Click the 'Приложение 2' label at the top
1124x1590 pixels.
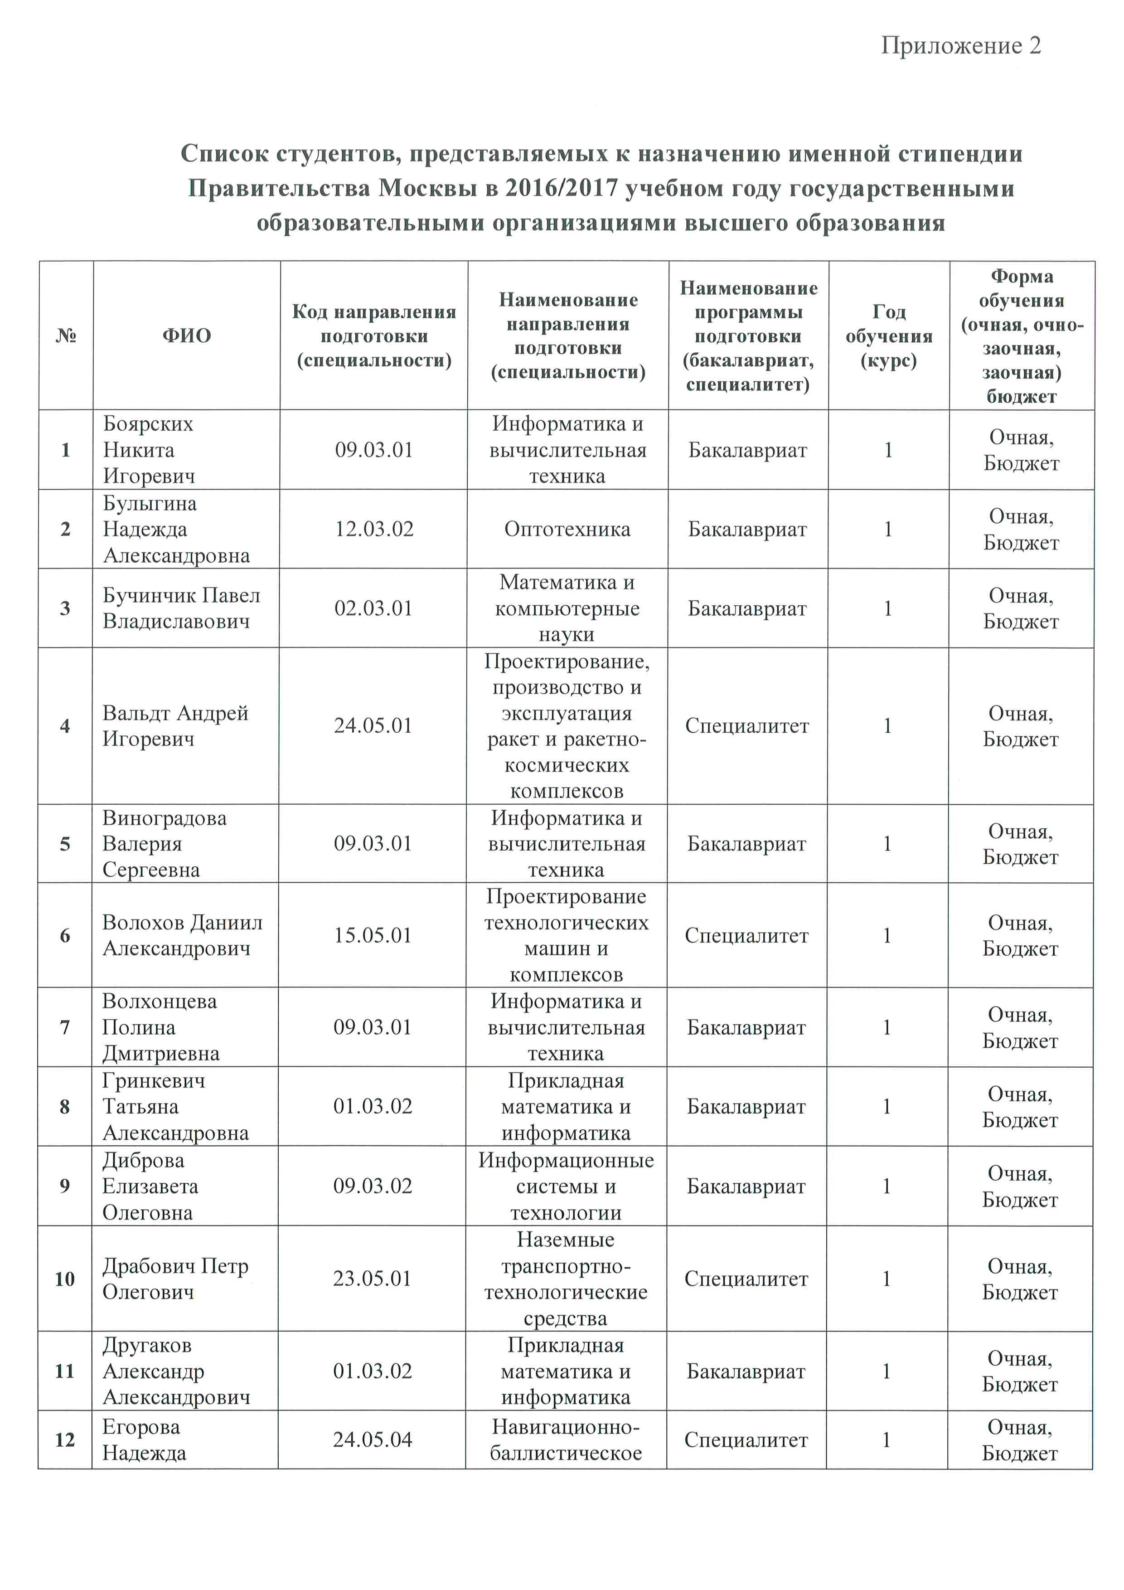pos(961,46)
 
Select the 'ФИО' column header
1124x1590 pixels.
pos(186,336)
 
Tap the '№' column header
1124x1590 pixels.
pos(66,336)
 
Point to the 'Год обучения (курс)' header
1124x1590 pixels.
pos(889,336)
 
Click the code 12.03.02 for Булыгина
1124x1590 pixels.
pos(374,529)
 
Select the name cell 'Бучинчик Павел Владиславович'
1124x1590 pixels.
pos(181,608)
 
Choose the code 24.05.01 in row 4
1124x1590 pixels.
pos(373,726)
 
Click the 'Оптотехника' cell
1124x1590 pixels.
pos(567,529)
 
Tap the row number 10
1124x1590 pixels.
pos(64,1279)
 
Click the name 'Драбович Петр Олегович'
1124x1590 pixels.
pos(175,1279)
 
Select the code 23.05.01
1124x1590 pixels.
pos(373,1279)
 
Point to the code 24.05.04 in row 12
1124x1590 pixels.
pos(373,1440)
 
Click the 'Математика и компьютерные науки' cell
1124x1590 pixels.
pos(567,608)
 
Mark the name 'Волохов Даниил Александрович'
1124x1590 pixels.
pos(182,936)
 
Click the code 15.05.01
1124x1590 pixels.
pos(373,936)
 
